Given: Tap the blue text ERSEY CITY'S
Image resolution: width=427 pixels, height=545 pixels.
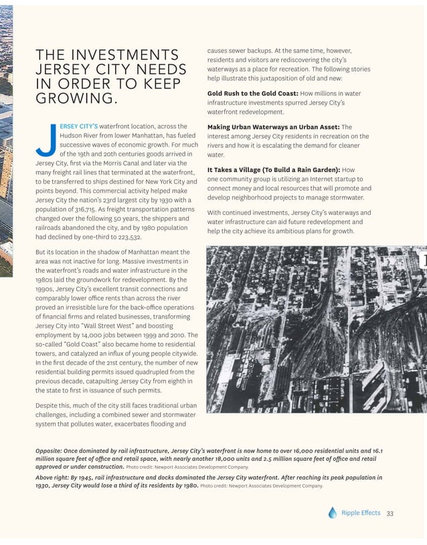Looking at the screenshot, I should pyautogui.click(x=79, y=126).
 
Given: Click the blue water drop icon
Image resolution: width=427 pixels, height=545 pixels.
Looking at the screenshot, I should pyautogui.click(x=333, y=513).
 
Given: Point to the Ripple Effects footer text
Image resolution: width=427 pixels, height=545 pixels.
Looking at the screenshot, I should pyautogui.click(x=361, y=513).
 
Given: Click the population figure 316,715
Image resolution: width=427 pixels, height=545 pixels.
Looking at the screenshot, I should pyautogui.click(x=82, y=209).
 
